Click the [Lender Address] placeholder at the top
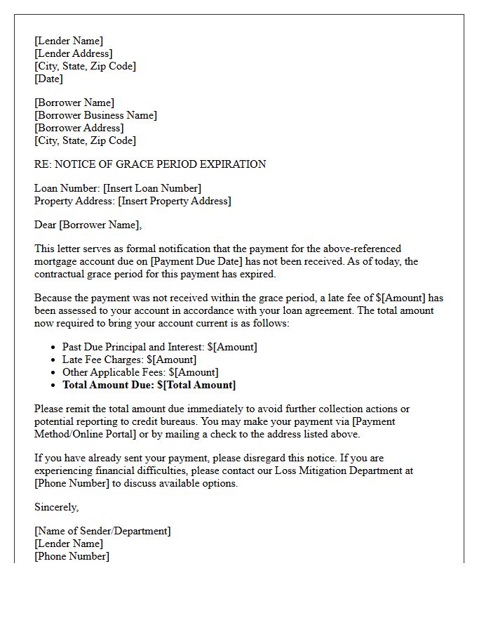[73, 53]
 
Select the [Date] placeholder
[48, 79]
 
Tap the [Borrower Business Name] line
[95, 115]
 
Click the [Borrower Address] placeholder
[79, 128]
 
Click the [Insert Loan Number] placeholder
[152, 188]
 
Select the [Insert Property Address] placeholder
[174, 201]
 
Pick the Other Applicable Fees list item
[140, 372]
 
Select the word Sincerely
[56, 507]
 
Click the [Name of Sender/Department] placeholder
[102, 531]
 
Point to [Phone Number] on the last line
[72, 556]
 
